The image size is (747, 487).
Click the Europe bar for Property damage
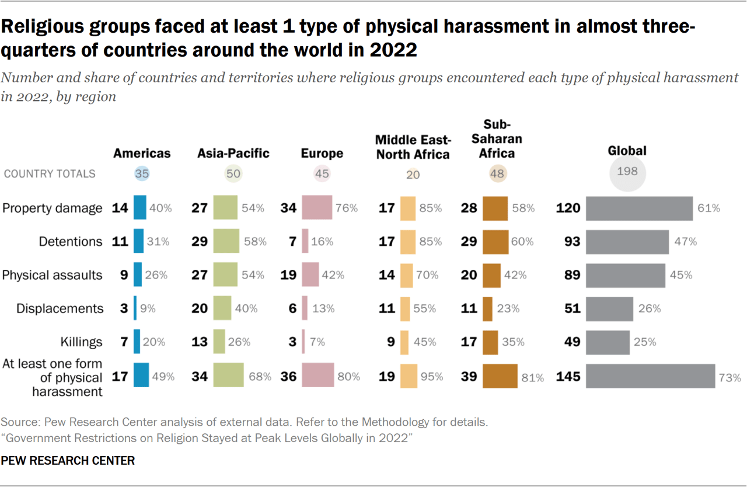(317, 208)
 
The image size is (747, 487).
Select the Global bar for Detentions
(627, 241)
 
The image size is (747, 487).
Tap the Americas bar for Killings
(137, 342)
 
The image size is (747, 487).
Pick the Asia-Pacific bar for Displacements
(222, 308)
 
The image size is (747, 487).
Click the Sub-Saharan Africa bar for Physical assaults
(491, 275)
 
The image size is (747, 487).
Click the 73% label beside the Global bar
(730, 378)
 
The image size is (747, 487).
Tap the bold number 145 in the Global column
(568, 377)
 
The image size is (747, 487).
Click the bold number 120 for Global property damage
(568, 208)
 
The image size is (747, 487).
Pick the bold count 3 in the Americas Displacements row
(124, 308)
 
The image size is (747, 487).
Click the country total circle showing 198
(627, 172)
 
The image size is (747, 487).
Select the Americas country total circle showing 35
(141, 173)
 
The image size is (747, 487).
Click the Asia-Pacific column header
(233, 153)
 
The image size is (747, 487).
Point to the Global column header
(627, 151)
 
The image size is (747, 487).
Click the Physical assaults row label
(52, 275)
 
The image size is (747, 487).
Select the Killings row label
(81, 342)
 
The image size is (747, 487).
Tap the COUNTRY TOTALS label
(50, 173)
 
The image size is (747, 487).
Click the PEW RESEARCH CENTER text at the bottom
(68, 460)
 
